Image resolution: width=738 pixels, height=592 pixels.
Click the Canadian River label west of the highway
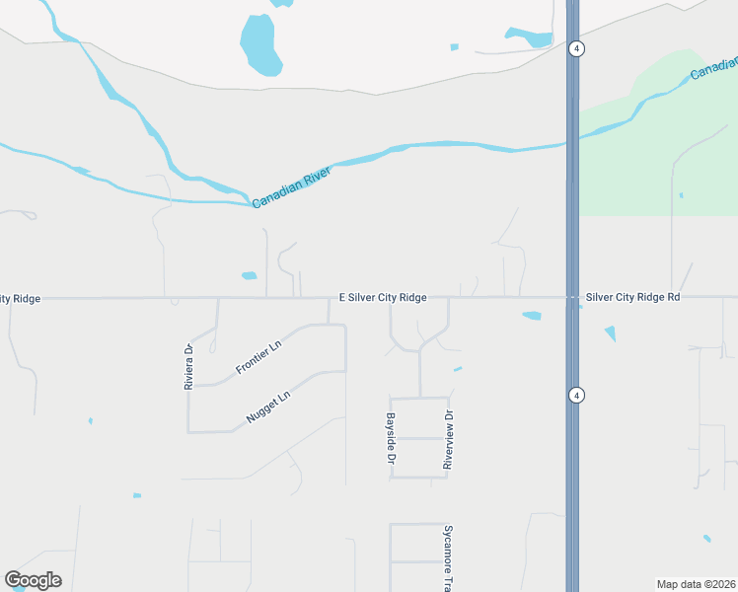291,185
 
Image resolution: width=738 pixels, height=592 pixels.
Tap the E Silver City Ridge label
383,297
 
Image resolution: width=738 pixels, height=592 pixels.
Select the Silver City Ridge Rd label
632,297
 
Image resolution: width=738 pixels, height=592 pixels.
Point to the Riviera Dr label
188,366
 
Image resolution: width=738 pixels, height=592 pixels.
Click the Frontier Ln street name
258,357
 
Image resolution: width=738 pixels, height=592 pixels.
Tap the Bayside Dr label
391,439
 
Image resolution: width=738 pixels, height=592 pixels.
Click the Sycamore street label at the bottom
447,557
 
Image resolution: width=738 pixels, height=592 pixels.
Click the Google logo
33,580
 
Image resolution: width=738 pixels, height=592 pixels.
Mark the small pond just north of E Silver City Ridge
249,275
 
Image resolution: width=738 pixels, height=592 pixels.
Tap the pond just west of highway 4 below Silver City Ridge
532,316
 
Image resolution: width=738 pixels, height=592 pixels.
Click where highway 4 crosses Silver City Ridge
572,297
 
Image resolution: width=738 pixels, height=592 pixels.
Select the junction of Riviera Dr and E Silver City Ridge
217,297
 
